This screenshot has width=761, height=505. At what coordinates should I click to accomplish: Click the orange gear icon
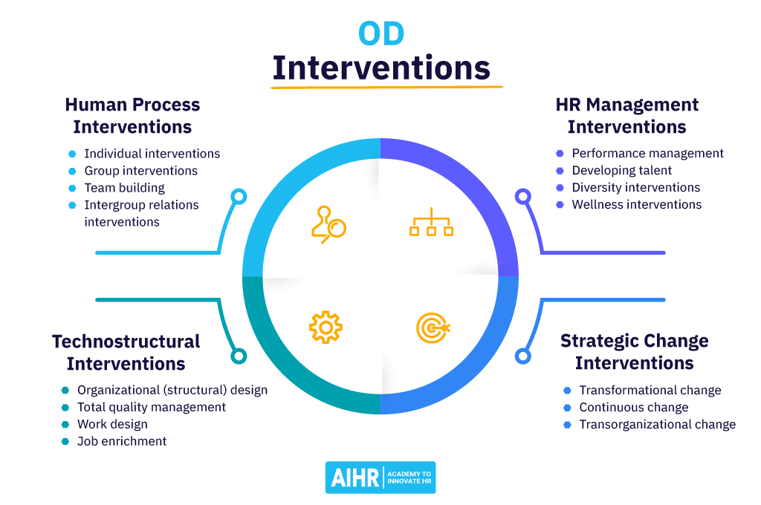tap(325, 327)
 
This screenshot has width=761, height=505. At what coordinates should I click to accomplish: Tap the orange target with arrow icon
tap(433, 328)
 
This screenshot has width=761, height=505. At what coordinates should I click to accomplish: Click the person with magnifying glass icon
tap(328, 224)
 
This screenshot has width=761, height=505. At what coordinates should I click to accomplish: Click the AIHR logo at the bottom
tap(380, 477)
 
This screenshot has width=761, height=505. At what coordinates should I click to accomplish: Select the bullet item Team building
tap(124, 188)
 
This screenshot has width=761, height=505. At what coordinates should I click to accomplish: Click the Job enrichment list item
tap(122, 441)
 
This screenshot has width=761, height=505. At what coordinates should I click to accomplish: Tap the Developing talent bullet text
tap(621, 170)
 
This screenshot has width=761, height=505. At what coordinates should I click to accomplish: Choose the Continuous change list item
tap(633, 407)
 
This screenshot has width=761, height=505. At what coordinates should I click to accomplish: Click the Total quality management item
tap(152, 407)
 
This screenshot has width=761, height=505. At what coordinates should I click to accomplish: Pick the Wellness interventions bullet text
tap(636, 204)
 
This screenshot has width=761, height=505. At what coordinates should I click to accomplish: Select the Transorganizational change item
tap(657, 424)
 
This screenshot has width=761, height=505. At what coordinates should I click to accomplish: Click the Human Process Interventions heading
tap(132, 116)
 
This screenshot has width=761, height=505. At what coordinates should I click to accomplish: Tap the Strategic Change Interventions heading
tap(634, 352)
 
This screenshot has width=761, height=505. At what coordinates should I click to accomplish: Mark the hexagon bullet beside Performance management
tap(560, 153)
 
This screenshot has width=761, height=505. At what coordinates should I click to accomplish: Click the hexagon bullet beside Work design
tap(65, 424)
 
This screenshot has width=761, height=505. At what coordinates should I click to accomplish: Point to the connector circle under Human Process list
tap(238, 197)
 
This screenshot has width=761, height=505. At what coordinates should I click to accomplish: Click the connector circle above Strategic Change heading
tap(523, 356)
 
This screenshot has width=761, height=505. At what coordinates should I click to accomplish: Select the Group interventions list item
tap(140, 171)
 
